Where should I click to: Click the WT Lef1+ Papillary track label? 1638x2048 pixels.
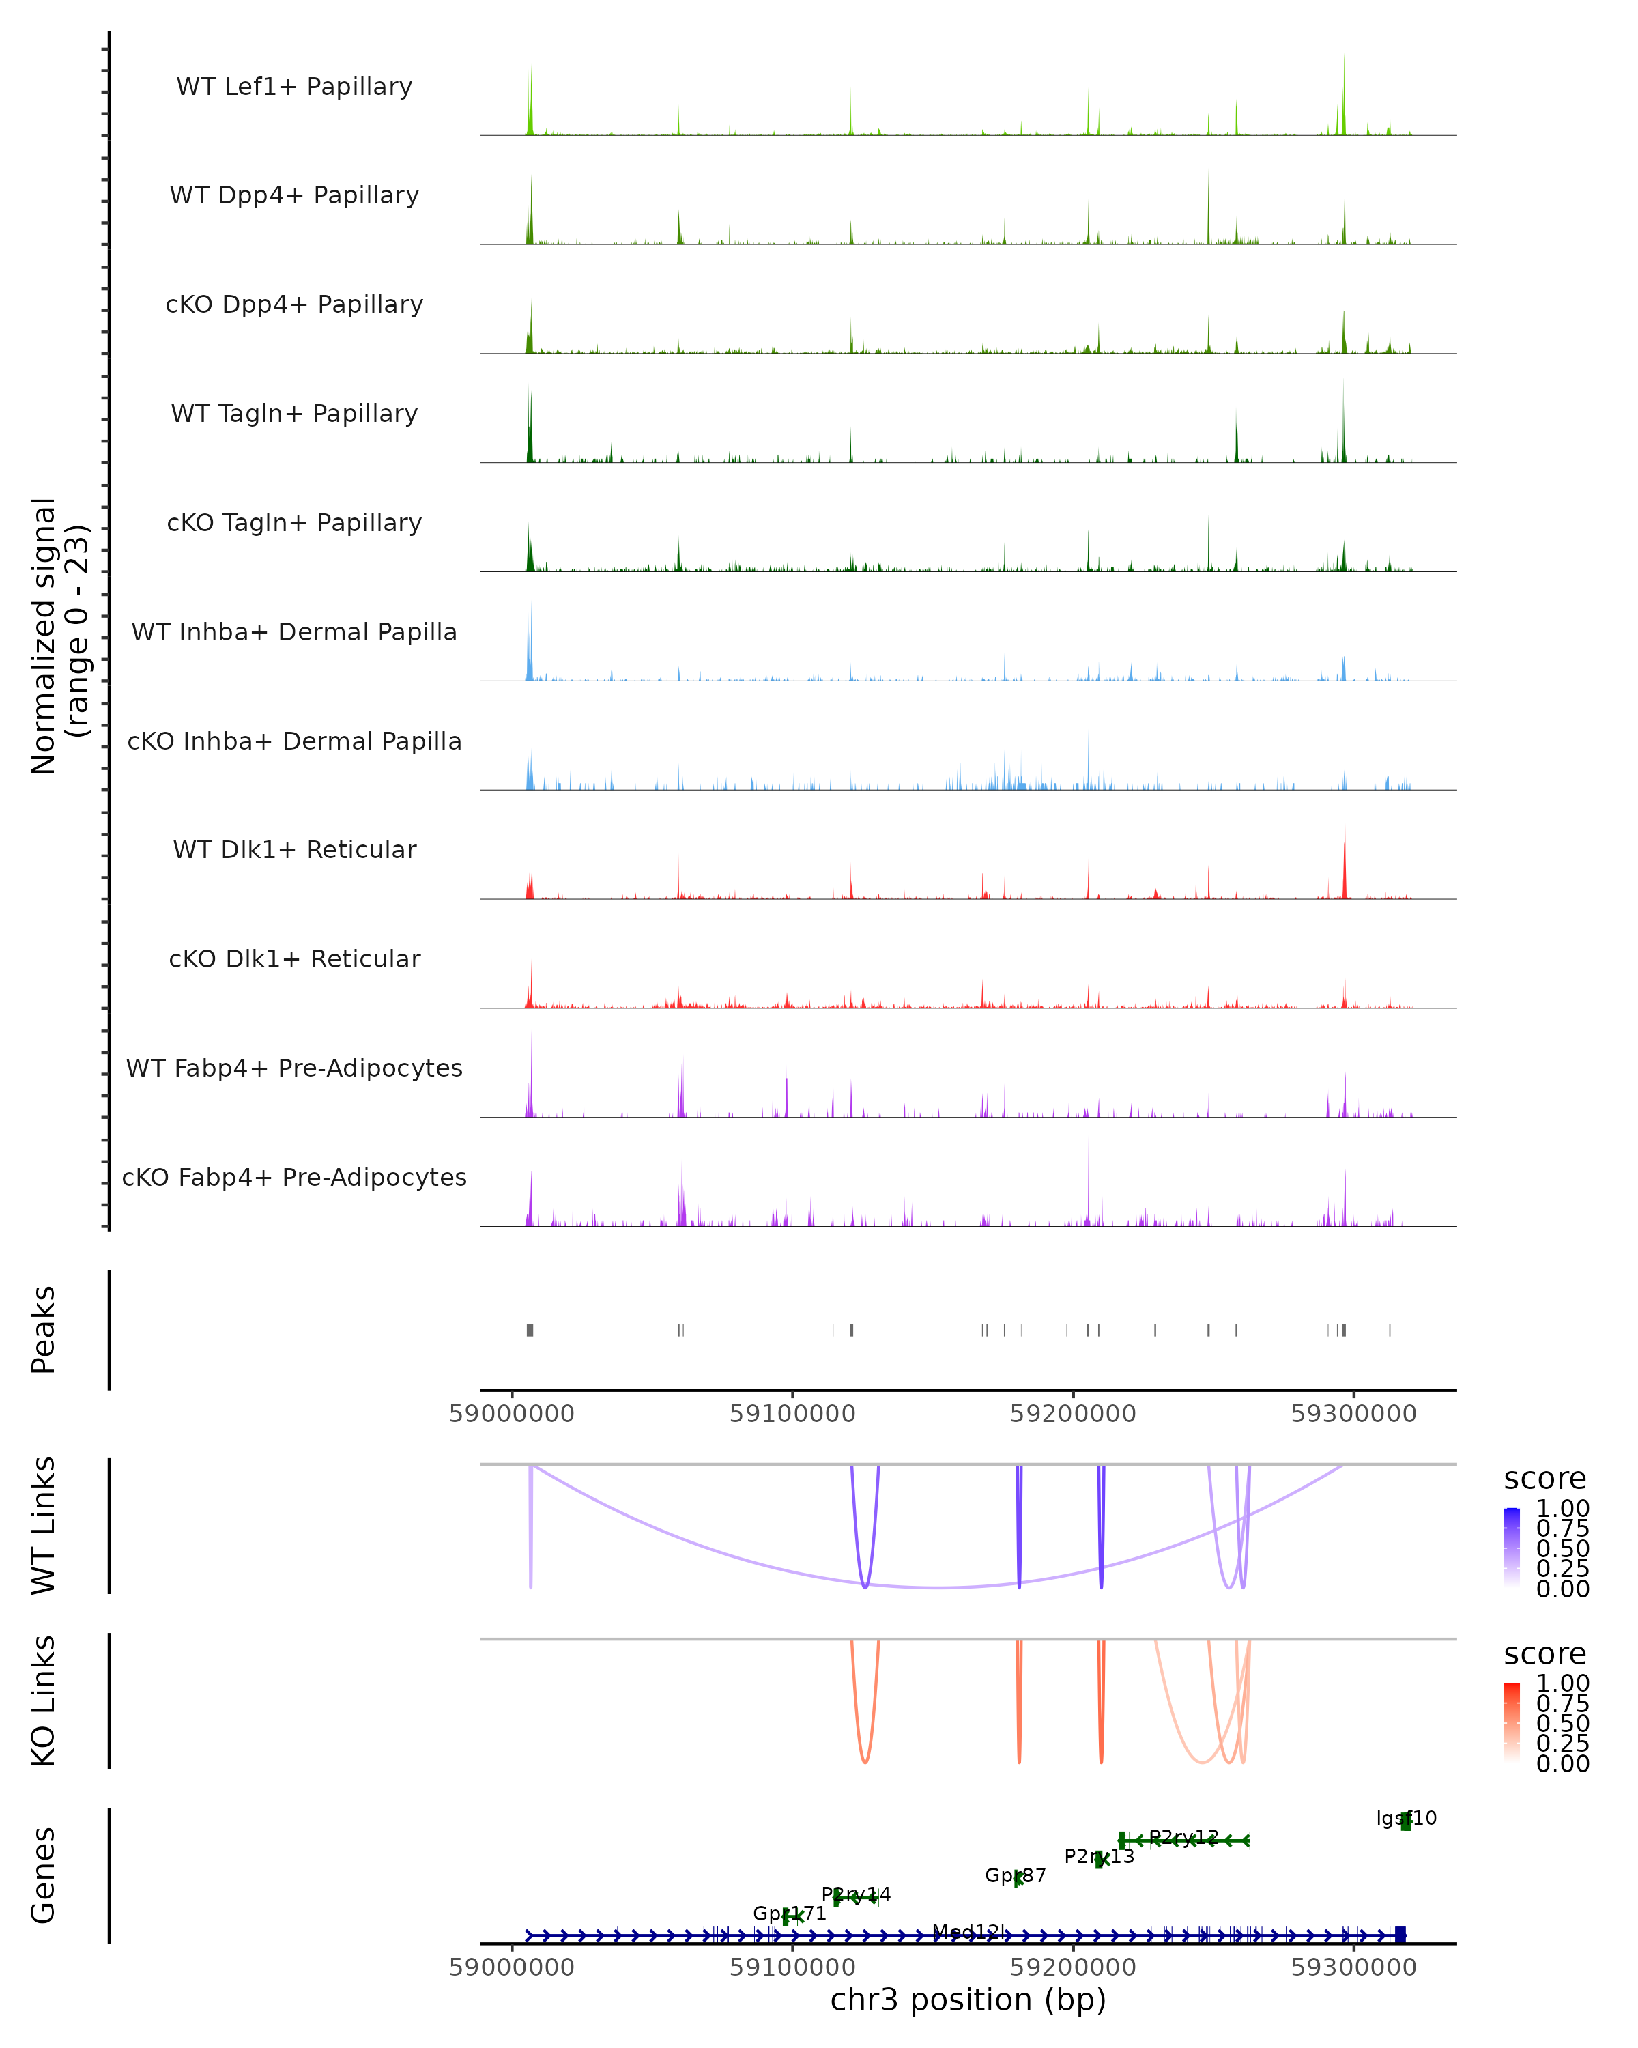pos(294,87)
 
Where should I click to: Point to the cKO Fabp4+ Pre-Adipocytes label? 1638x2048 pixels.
pos(294,1177)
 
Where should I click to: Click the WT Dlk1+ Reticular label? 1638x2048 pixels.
pos(294,849)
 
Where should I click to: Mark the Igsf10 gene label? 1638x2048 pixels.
pos(1407,1818)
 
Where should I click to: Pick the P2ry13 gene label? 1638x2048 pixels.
pos(1099,1856)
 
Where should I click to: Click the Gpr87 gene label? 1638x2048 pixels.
pos(1015,1875)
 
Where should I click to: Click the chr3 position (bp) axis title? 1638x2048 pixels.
pos(968,2000)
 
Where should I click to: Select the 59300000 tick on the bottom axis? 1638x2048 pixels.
pos(1353,1967)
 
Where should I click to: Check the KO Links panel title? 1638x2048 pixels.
pos(44,1701)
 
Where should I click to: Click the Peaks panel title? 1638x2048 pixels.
pos(44,1330)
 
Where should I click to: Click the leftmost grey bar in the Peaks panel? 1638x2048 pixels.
pos(530,1330)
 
